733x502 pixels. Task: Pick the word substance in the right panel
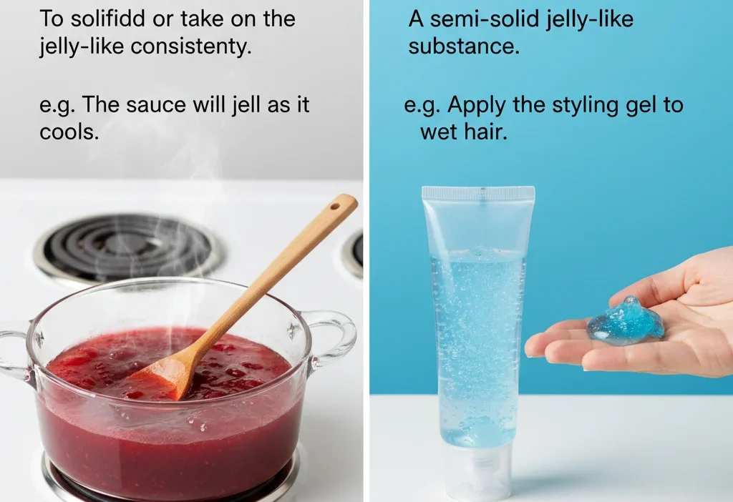464,48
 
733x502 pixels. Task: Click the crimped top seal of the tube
477,193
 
